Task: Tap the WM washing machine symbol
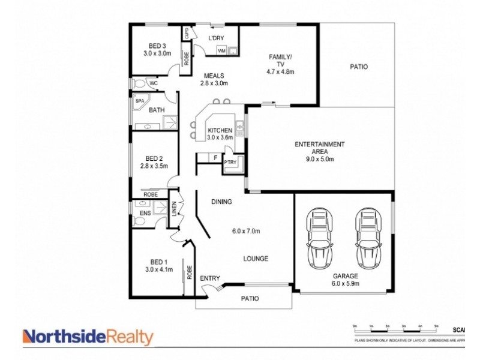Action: (221, 51)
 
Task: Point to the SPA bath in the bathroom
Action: (140, 101)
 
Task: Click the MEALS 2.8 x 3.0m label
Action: (214, 80)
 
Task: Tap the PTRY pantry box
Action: (230, 163)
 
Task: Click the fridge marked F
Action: (215, 158)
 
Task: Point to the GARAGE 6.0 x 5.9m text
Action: (344, 280)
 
